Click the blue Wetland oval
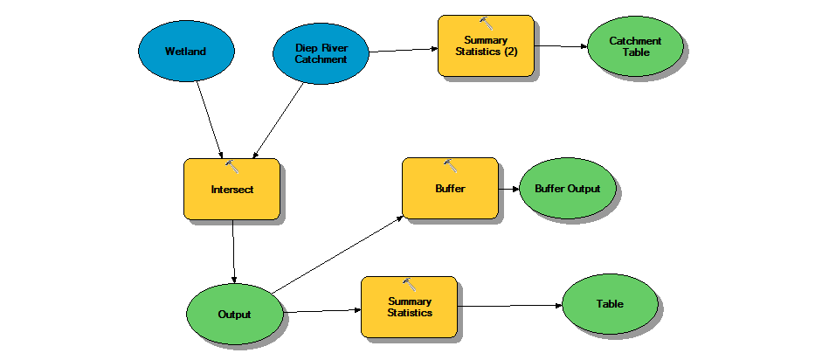[185, 52]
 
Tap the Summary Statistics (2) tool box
[485, 45]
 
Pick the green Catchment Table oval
[635, 46]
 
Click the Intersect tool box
[231, 189]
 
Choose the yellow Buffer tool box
[450, 188]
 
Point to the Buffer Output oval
[568, 188]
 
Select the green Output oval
[235, 314]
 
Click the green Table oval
[610, 305]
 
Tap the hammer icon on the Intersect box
[232, 166]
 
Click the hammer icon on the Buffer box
[451, 165]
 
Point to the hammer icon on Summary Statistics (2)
[486, 23]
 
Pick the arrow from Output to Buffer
[336, 254]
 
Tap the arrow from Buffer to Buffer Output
[508, 188]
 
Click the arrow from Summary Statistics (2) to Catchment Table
[560, 45]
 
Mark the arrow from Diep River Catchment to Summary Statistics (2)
[403, 50]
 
